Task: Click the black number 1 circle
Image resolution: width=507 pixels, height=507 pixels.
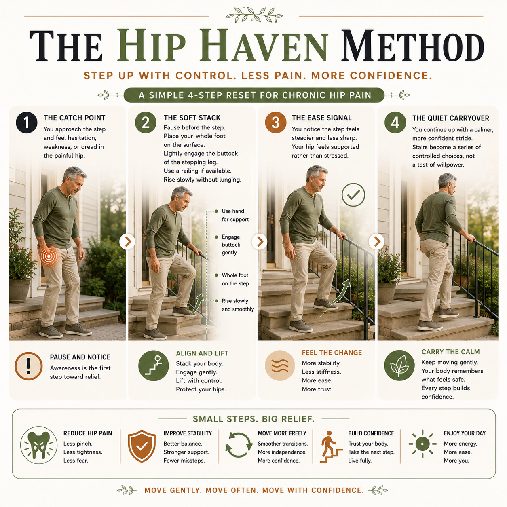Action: tap(26, 123)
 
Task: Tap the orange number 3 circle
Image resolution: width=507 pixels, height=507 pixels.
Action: tap(275, 123)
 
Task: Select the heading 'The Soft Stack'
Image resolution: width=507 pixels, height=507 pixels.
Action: tap(192, 118)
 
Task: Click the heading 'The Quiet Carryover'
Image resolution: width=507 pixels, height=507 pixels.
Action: tap(451, 118)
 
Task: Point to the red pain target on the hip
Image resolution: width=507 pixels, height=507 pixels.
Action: tap(49, 255)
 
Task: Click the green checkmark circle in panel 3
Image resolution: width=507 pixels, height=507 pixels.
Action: tap(353, 195)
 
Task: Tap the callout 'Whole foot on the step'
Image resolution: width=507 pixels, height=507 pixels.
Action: tap(235, 279)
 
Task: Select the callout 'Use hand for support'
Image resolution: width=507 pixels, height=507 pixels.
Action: tap(235, 215)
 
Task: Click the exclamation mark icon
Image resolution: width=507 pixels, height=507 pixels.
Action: tap(28, 366)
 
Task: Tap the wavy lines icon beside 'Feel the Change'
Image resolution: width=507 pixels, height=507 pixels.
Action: tap(280, 365)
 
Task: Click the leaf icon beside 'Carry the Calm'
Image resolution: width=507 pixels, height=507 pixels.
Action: tap(399, 365)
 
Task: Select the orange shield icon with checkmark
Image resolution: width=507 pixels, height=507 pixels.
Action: tap(142, 446)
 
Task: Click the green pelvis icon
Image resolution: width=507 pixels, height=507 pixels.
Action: tap(39, 445)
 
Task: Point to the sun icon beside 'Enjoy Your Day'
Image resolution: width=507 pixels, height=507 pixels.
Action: tap(422, 444)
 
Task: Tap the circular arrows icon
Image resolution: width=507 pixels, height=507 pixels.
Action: tap(239, 445)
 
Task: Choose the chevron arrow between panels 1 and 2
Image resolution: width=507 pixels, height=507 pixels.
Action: tap(127, 241)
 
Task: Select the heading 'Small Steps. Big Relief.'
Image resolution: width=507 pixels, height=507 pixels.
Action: tap(253, 419)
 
